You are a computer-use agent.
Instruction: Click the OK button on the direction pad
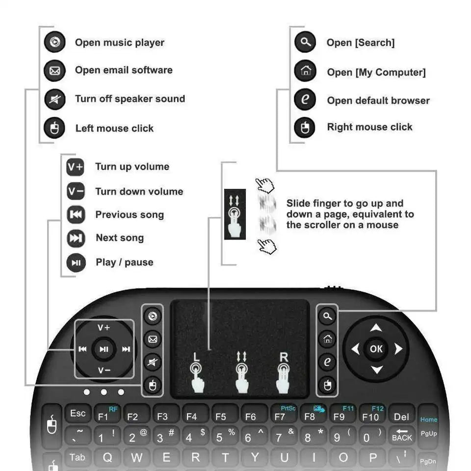coord(376,349)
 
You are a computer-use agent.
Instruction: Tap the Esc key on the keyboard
coord(78,414)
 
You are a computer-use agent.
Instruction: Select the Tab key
coord(77,458)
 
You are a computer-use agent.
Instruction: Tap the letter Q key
coord(107,458)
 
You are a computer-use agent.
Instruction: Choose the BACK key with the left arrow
coord(402,435)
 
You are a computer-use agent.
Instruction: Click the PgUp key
coord(428,434)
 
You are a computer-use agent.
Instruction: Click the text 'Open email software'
coord(124,70)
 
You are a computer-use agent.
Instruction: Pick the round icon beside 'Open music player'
coord(54,43)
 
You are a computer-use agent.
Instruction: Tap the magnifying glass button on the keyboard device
coord(327,316)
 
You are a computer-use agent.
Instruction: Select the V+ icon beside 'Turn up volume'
coord(76,167)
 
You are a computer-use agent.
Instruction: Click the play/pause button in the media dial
coord(104,349)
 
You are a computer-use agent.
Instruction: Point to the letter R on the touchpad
coord(283,357)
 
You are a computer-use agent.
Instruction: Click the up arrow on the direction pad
coord(376,328)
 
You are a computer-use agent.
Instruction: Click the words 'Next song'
coord(120,238)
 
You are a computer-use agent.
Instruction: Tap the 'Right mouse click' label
coord(369,127)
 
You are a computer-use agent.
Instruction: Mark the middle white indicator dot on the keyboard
coord(104,392)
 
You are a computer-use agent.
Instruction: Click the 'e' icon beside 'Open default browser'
coord(305,100)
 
